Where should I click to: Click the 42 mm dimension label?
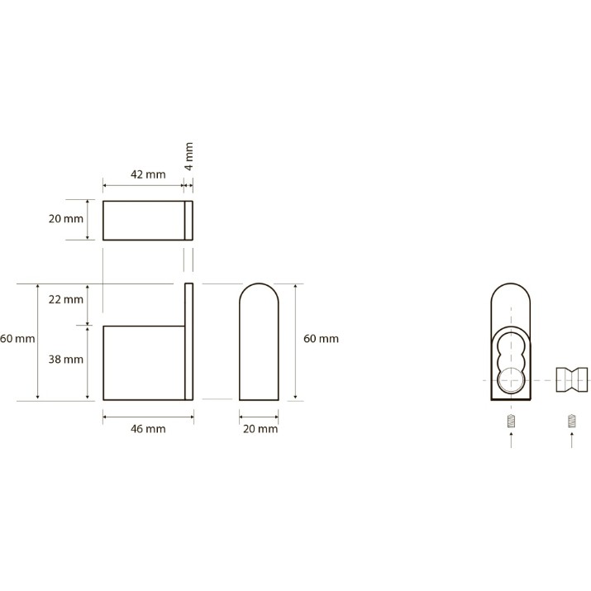tap(148, 174)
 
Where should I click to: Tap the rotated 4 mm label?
tap(189, 156)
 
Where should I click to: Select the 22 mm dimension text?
tap(66, 300)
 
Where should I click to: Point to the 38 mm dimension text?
tap(66, 360)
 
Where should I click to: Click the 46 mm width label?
tap(148, 429)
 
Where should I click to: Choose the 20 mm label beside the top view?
tap(66, 218)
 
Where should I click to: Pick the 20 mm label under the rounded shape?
tap(260, 429)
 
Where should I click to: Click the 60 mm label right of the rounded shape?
tap(322, 339)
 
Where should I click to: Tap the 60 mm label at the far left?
tap(17, 339)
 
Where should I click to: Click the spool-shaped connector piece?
tap(572, 379)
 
